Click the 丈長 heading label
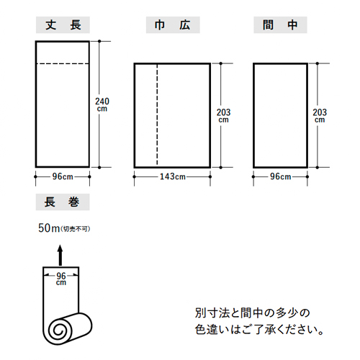pos(63,25)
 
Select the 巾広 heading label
pos(173,25)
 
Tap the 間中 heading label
pos(280,25)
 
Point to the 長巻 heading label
pos(63,202)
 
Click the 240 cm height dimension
pos(102,104)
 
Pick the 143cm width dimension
pos(173,177)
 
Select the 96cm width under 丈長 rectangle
pos(63,177)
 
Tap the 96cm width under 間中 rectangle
pos(280,177)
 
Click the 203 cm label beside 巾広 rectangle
pos(223,116)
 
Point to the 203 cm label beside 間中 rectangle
pos(320,116)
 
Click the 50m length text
pos(49,228)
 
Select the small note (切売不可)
pos(76,229)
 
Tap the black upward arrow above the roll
pos(60,255)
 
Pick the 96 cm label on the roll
pos(61,279)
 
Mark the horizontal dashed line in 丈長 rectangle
pos(63,63)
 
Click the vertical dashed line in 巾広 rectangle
pos(157,115)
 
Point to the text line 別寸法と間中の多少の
pos(252,313)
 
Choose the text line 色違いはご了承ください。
pos(259,330)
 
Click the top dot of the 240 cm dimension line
pos(99,41)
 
